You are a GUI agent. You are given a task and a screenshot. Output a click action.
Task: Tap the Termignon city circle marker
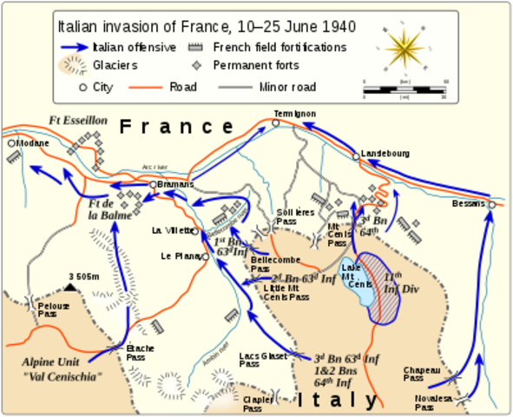276,123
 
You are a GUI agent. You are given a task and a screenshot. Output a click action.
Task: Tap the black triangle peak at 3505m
71,287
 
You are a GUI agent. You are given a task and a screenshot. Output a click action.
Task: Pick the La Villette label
170,230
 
